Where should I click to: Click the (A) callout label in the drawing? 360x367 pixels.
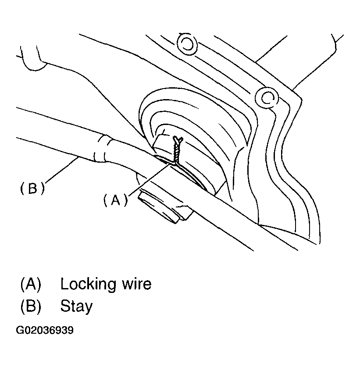tap(115, 200)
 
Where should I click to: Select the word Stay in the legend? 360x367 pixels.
tap(76, 306)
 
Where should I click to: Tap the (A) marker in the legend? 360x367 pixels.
tap(30, 284)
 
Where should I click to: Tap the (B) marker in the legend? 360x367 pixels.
tap(30, 306)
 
